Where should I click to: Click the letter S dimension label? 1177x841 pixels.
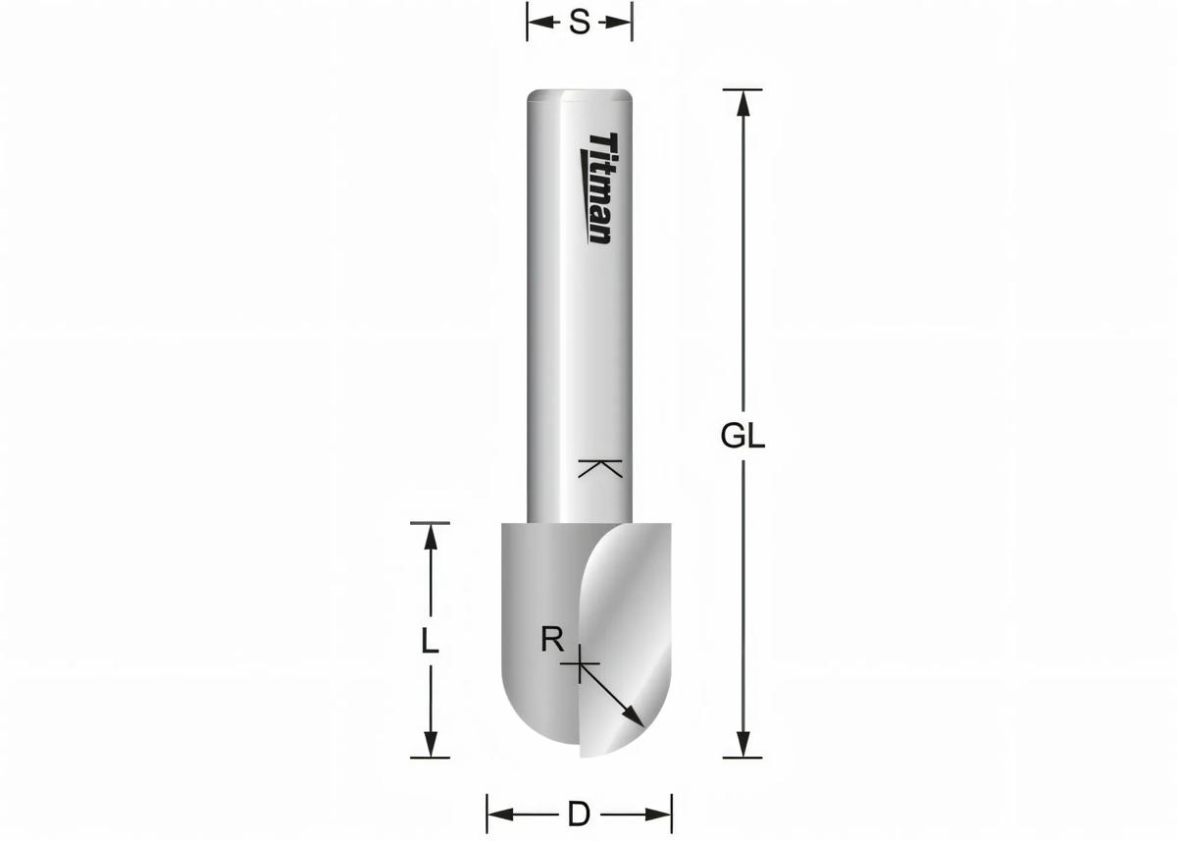[580, 23]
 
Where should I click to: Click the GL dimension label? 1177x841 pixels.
[742, 437]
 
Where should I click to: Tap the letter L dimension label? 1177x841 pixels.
[429, 643]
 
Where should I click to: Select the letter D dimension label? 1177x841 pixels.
[579, 814]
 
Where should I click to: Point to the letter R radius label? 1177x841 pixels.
[552, 641]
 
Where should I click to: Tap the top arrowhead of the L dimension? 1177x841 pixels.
[429, 536]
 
